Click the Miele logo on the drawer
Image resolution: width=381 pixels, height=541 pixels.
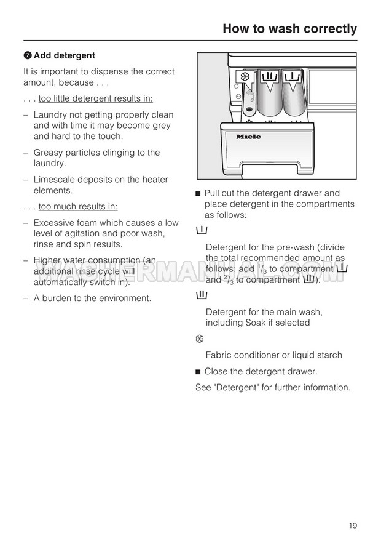(x=248, y=137)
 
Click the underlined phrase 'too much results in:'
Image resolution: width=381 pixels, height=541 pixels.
(x=78, y=207)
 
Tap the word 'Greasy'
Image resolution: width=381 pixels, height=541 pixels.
(x=48, y=153)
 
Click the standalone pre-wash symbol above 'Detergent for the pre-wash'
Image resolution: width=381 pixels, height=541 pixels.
(x=201, y=231)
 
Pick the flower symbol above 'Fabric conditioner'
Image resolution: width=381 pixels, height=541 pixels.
(x=200, y=339)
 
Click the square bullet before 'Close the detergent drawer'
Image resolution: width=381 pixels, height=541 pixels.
(x=198, y=372)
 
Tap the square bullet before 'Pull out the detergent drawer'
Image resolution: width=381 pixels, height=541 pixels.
(x=198, y=194)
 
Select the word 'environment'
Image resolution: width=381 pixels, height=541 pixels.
(x=122, y=298)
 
